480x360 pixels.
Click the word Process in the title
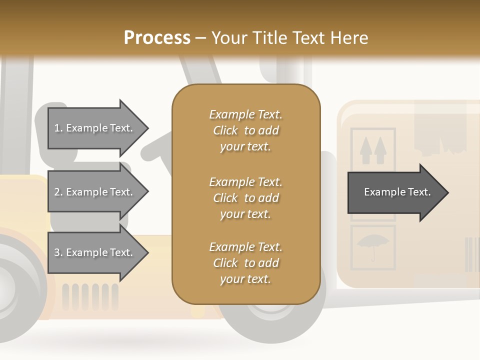click(157, 37)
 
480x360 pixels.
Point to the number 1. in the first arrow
click(58, 128)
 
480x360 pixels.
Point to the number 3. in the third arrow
click(58, 252)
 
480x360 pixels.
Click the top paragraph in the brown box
click(245, 130)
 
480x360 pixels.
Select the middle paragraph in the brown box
click(245, 197)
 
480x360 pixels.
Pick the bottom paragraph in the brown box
click(245, 263)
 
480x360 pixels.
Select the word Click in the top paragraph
click(225, 130)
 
